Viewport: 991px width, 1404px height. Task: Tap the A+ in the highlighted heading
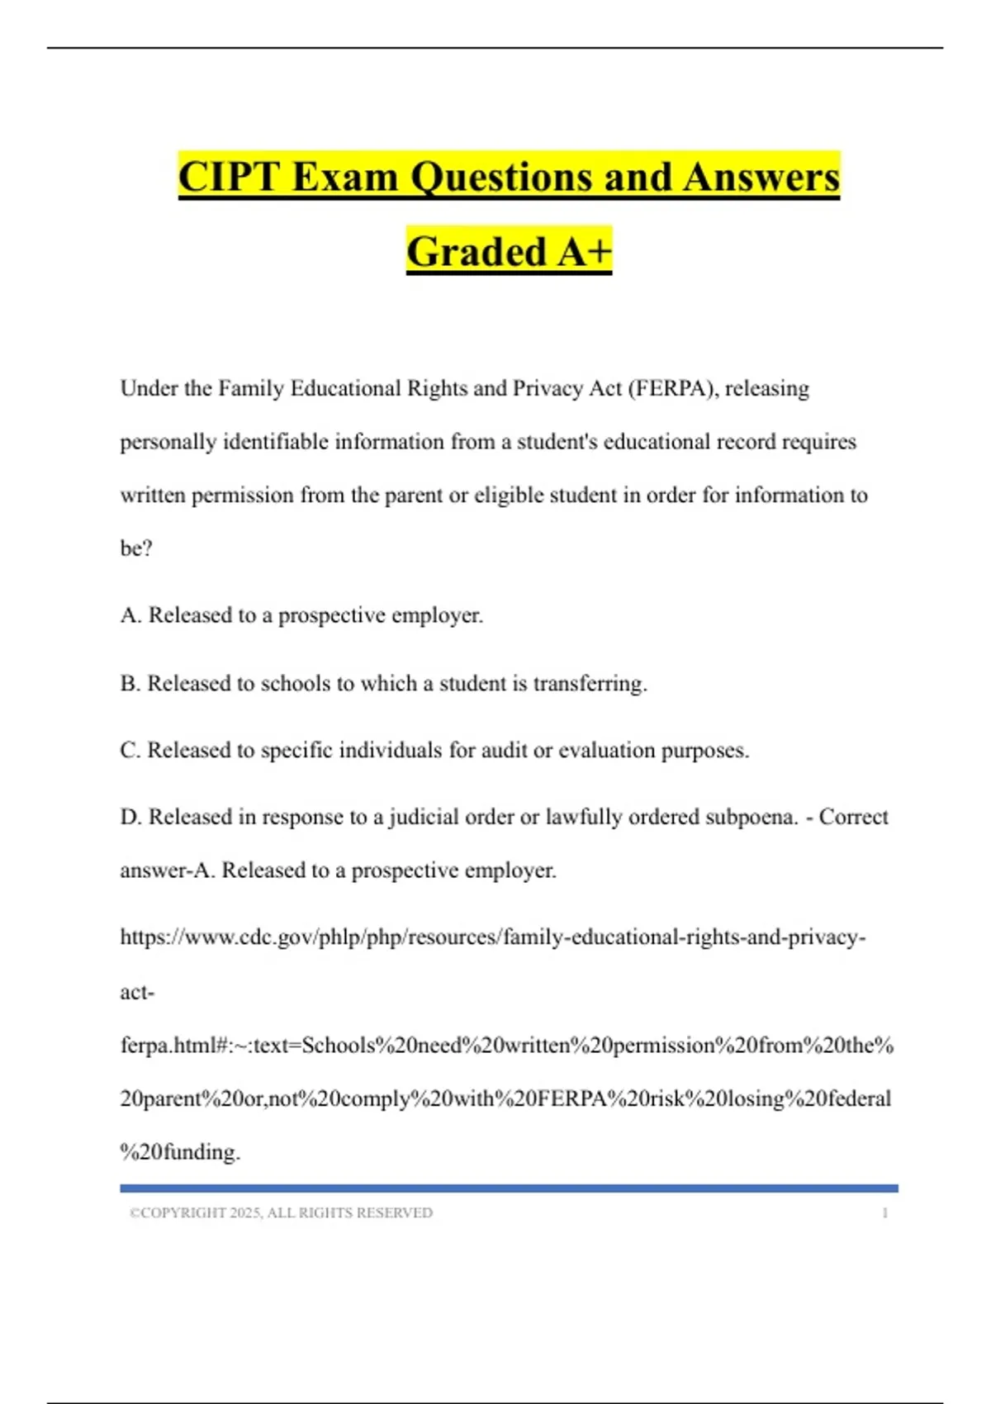pos(584,252)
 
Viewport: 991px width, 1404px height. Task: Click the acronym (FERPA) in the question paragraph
pos(671,388)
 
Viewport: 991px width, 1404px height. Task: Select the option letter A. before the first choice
pos(131,615)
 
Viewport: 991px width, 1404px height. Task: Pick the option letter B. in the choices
pos(130,684)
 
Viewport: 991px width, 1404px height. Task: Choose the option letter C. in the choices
pos(130,751)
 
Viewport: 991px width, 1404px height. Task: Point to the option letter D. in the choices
pos(131,817)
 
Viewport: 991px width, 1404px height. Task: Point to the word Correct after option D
pos(853,817)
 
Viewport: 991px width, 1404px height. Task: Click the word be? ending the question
pos(136,548)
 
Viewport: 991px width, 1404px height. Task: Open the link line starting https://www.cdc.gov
pos(492,937)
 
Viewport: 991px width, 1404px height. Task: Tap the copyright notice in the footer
pos(281,1213)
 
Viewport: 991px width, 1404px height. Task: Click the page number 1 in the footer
pos(884,1213)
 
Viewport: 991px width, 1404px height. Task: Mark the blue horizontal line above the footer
pos(509,1188)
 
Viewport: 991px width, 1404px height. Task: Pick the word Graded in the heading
pos(477,252)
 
